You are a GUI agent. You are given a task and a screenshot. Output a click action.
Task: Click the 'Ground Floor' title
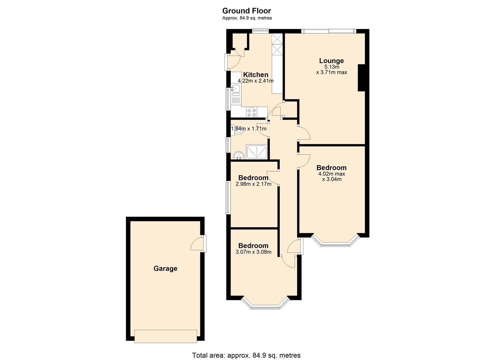pyautogui.click(x=247, y=11)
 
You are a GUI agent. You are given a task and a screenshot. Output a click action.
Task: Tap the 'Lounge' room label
pyautogui.click(x=331, y=61)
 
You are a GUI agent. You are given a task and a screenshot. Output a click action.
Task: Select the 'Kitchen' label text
pyautogui.click(x=255, y=75)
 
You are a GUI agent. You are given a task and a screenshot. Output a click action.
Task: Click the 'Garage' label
pyautogui.click(x=165, y=268)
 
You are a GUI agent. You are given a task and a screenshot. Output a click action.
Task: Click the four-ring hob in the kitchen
pyautogui.click(x=252, y=112)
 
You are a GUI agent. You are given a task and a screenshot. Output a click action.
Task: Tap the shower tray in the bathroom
pyautogui.click(x=256, y=152)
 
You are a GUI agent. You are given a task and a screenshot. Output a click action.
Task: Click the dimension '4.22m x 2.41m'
pyautogui.click(x=255, y=81)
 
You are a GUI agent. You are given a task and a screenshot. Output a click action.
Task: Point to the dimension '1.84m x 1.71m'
pyautogui.click(x=249, y=129)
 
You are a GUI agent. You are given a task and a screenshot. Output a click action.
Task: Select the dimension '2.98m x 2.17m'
pyautogui.click(x=253, y=184)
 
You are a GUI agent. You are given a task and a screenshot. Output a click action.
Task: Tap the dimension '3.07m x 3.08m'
pyautogui.click(x=253, y=252)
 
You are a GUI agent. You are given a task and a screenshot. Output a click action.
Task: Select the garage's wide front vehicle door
pyautogui.click(x=165, y=336)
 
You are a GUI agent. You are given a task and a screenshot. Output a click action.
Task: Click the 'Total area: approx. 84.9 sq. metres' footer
pyautogui.click(x=246, y=355)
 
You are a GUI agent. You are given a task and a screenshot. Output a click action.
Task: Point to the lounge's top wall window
pyautogui.click(x=329, y=31)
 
